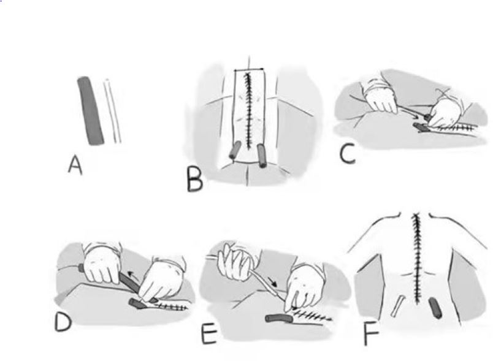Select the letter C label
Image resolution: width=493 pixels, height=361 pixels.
click(x=347, y=156)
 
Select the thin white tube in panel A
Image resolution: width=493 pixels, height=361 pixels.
click(x=113, y=111)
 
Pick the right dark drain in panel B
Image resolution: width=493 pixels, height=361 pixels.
click(x=262, y=156)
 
